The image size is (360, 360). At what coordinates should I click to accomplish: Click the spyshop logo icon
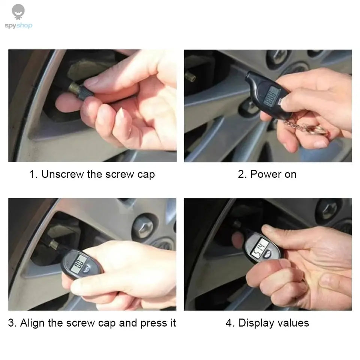click(x=18, y=12)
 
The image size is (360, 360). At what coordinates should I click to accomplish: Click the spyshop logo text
click(x=18, y=25)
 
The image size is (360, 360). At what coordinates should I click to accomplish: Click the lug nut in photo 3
click(x=144, y=225)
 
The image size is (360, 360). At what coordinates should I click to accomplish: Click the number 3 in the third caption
click(x=11, y=323)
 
